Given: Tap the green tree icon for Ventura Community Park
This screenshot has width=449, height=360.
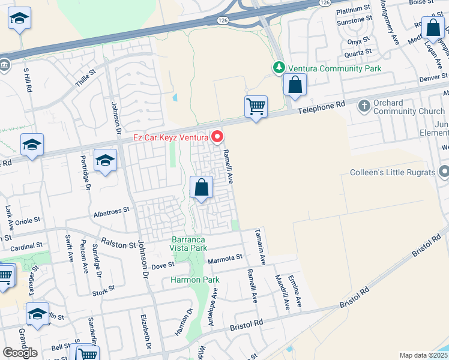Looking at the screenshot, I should tap(279, 68).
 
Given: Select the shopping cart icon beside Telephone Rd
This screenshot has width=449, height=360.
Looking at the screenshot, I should tap(256, 107).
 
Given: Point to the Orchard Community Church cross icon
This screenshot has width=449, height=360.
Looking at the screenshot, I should tap(364, 107).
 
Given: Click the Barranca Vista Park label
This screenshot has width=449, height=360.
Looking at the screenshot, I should tap(188, 244).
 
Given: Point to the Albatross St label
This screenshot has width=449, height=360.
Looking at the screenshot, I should tap(112, 211).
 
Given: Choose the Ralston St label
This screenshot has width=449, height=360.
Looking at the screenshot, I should tap(115, 245).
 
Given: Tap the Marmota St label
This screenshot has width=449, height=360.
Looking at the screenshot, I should tap(224, 257).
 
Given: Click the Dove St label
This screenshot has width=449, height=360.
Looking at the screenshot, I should tap(162, 265).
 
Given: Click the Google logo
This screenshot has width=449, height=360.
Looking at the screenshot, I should tap(20, 353).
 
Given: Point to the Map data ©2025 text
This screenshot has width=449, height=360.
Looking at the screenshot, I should tap(423, 355).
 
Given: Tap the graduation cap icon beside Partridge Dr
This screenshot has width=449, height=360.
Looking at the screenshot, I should tap(105, 161).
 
